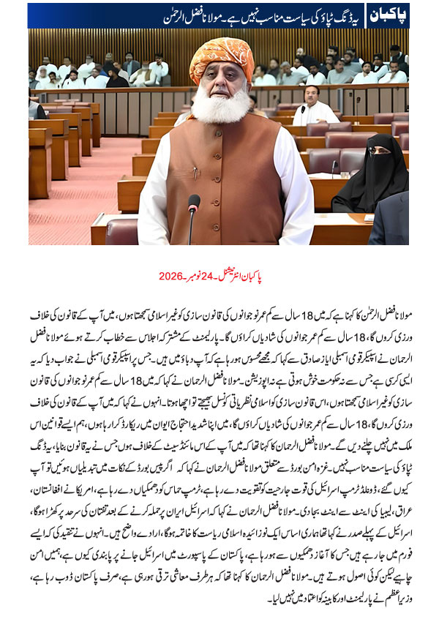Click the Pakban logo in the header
coord(387,14)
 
